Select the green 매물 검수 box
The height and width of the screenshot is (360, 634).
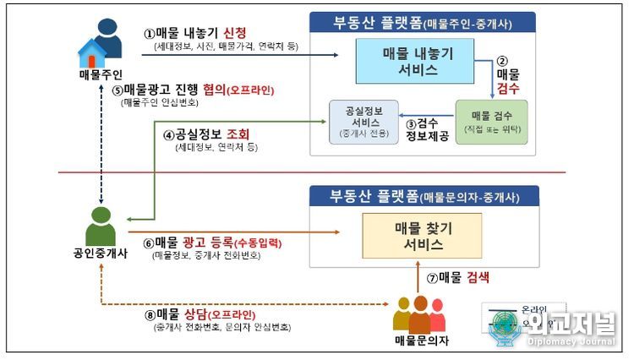tap(490, 122)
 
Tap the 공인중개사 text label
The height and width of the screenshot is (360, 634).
tap(101, 253)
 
